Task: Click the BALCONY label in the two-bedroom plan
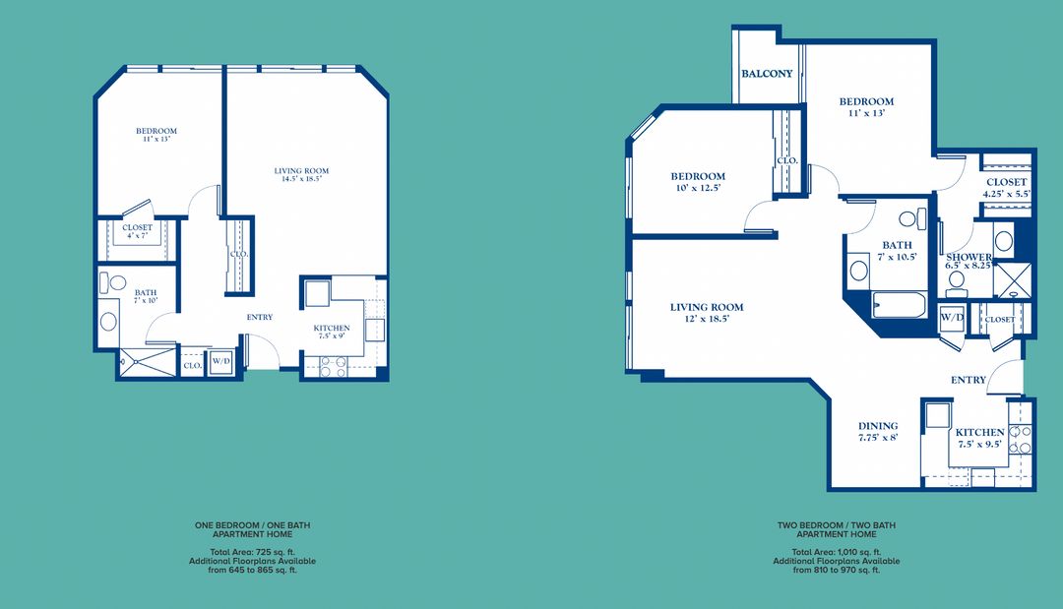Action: [767, 74]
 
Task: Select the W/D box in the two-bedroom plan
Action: [951, 319]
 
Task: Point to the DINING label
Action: [877, 432]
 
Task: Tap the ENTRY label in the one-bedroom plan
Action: [259, 317]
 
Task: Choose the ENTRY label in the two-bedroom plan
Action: [968, 380]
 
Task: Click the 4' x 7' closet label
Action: [137, 232]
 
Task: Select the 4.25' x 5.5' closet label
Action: [1006, 188]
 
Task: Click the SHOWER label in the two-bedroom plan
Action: [969, 262]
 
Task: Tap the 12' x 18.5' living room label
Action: [707, 313]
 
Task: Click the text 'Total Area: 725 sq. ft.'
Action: [253, 553]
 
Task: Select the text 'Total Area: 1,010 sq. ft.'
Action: [837, 553]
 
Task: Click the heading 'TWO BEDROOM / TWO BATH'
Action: [837, 526]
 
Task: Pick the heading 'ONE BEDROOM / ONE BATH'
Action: [253, 526]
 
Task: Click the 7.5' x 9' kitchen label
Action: [332, 332]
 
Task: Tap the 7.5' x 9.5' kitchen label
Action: [979, 438]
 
